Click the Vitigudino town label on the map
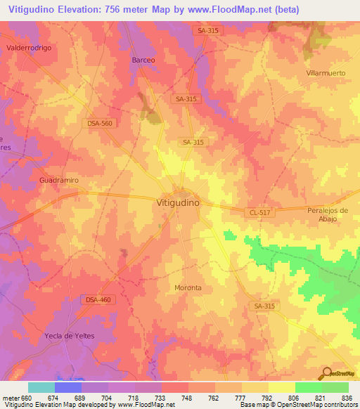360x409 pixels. pos(177,202)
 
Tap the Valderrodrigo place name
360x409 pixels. pos(30,47)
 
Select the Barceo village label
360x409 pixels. pos(144,60)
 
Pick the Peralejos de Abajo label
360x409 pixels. pos(328,214)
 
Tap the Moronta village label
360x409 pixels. pos(188,288)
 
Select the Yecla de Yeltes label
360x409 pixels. pos(70,336)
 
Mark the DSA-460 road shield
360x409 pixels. pos(97,299)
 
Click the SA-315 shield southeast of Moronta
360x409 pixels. pos(265,306)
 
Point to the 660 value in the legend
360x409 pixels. pos(22,398)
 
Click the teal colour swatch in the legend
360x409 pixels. pos(41,387)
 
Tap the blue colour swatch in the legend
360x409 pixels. pos(68,387)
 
